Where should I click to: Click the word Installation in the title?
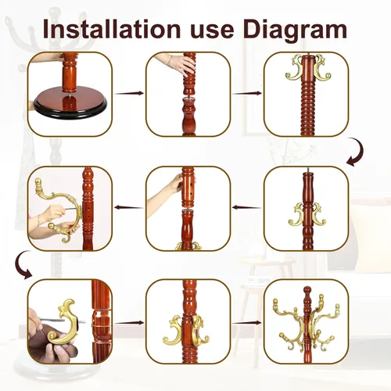click(112, 29)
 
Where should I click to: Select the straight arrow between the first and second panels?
click(129, 93)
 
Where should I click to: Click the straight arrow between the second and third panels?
click(247, 93)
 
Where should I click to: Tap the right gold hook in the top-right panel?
click(323, 67)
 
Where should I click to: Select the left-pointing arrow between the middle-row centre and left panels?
click(129, 207)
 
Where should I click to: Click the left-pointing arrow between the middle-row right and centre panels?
click(246, 207)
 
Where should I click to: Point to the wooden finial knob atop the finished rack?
click(307, 290)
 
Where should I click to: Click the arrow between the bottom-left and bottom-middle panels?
click(129, 323)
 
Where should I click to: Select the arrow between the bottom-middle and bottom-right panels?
click(246, 323)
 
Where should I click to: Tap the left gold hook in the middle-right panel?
click(296, 214)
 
